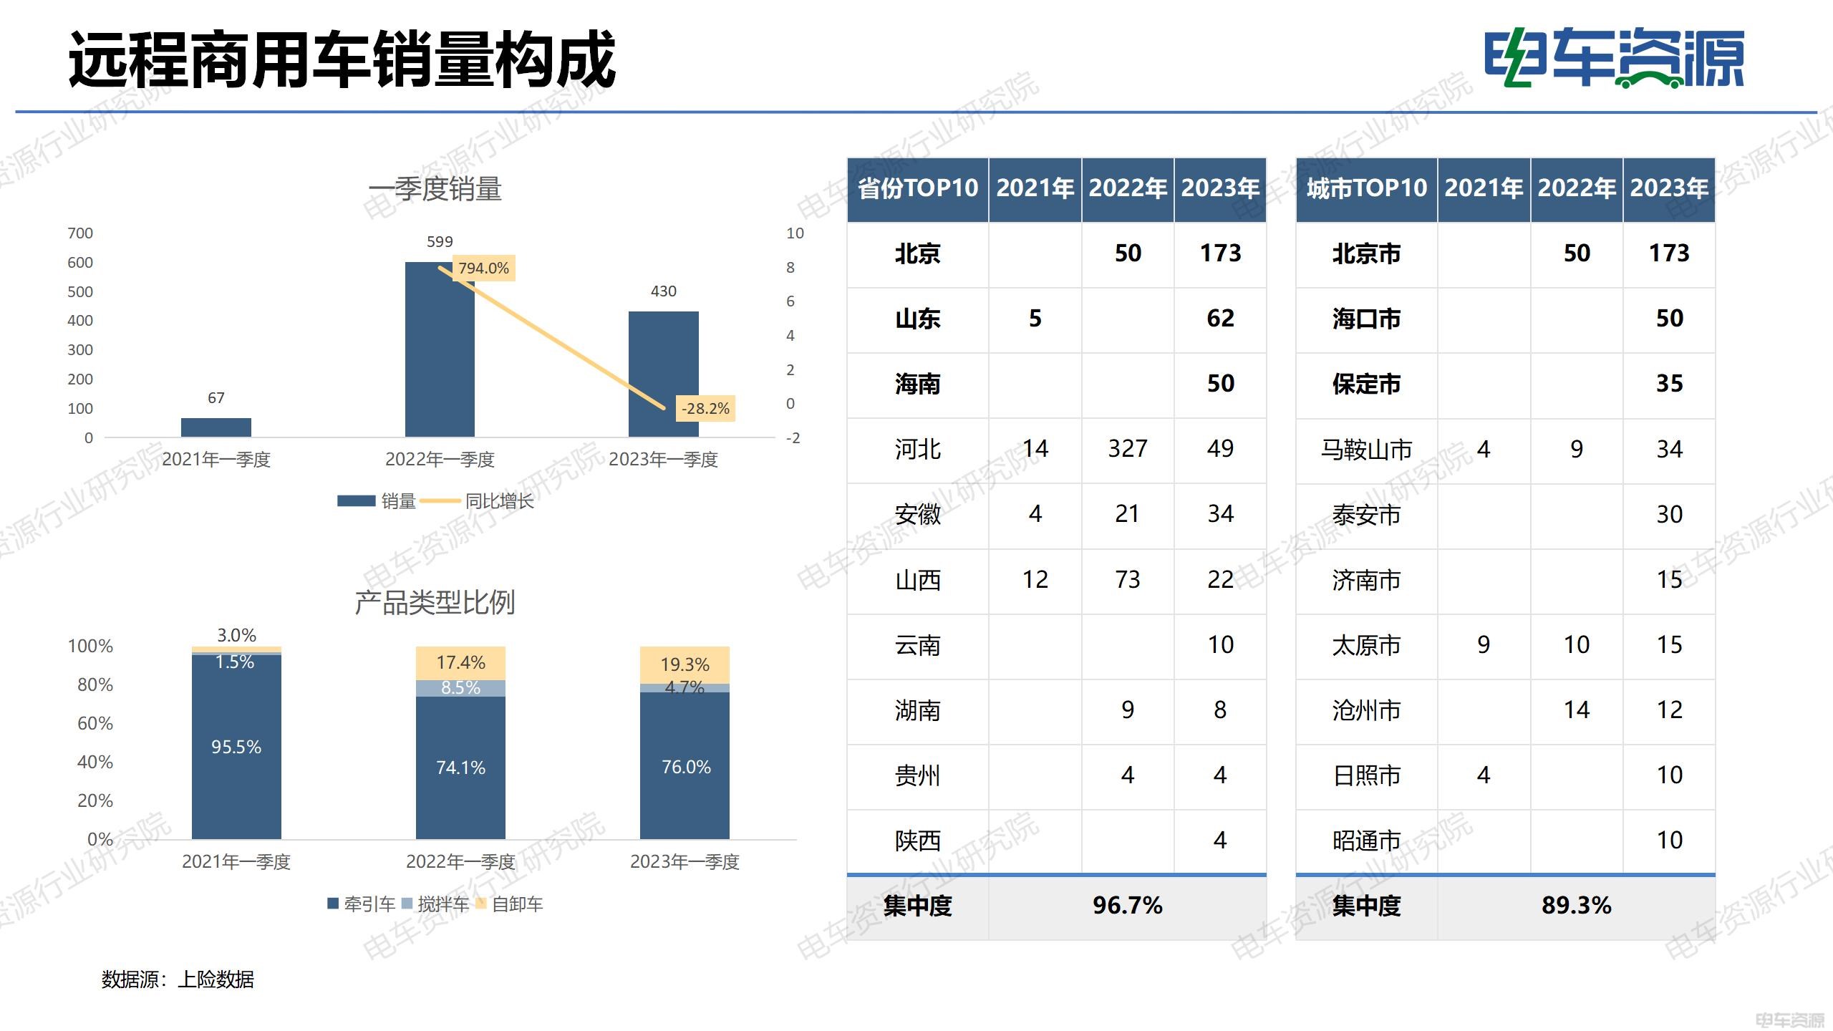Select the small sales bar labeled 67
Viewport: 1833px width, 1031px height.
pos(216,427)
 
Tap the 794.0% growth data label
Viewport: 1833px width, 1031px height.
pos(483,268)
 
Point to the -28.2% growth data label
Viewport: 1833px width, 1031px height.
pos(705,409)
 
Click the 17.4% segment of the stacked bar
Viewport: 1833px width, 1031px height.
pos(460,663)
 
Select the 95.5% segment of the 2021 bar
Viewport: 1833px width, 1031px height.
pos(236,747)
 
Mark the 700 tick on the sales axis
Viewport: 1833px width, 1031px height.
pos(80,233)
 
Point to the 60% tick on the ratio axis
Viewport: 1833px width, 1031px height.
pos(95,724)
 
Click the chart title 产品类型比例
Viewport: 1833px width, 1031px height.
pos(435,603)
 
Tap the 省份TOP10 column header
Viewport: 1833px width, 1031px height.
pos(917,189)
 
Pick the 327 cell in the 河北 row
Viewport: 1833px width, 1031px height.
pos(1127,449)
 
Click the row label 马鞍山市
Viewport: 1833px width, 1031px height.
pos(1365,450)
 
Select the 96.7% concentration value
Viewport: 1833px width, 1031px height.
pos(1127,906)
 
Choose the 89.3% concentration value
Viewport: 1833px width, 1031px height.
pos(1576,906)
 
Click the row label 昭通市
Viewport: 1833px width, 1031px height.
pos(1365,841)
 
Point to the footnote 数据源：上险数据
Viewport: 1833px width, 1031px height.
pos(178,979)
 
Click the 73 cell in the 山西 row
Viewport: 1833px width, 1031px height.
pos(1127,579)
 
